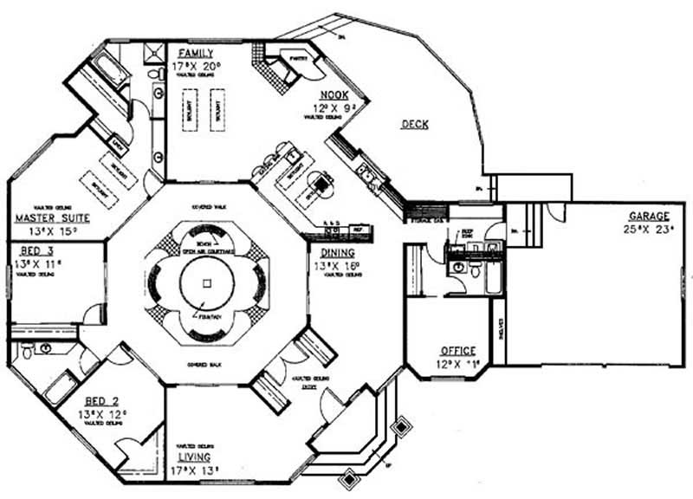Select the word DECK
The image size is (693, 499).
coord(415,125)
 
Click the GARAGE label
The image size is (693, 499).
coord(649,216)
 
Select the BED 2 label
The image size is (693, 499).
coord(103,402)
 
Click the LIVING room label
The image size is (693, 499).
coord(198,457)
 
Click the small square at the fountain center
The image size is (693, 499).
coord(206,283)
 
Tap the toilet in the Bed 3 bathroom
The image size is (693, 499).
coord(26,351)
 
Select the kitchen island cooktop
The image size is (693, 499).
coord(325,183)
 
